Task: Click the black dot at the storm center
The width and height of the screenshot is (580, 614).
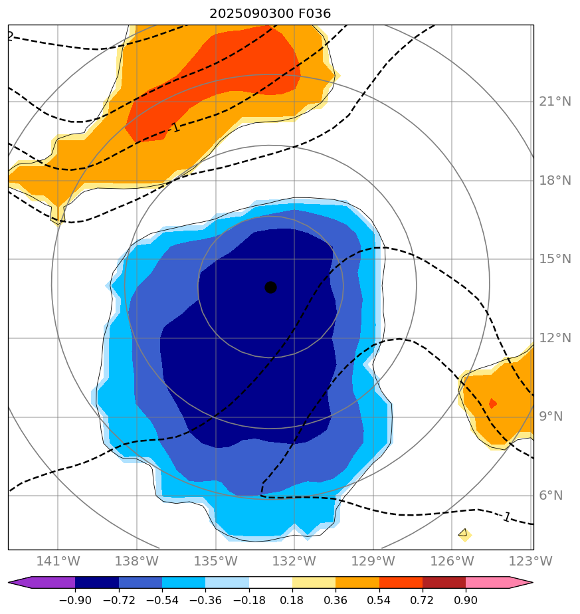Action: (x=270, y=287)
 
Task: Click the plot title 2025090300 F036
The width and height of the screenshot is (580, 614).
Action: (x=270, y=13)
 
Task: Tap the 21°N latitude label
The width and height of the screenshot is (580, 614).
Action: (x=555, y=102)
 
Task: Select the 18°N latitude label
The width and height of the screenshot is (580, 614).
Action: (x=555, y=181)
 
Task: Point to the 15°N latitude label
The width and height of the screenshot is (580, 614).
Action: (x=555, y=259)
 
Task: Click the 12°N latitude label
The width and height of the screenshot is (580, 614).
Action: (x=555, y=338)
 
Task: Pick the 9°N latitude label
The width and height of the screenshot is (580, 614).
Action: (x=551, y=417)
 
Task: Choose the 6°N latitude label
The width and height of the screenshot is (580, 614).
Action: (x=551, y=496)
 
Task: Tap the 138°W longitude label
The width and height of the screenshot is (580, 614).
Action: (x=136, y=562)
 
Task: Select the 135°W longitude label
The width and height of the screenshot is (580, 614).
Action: (x=215, y=562)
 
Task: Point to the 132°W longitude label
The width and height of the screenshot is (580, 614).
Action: (x=293, y=562)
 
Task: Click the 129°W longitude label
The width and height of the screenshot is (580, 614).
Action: (x=372, y=562)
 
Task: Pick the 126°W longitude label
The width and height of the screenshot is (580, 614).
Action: (x=450, y=562)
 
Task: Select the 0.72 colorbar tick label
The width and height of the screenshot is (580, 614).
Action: (x=423, y=601)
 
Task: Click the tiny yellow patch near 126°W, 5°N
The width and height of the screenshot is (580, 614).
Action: (x=464, y=534)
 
